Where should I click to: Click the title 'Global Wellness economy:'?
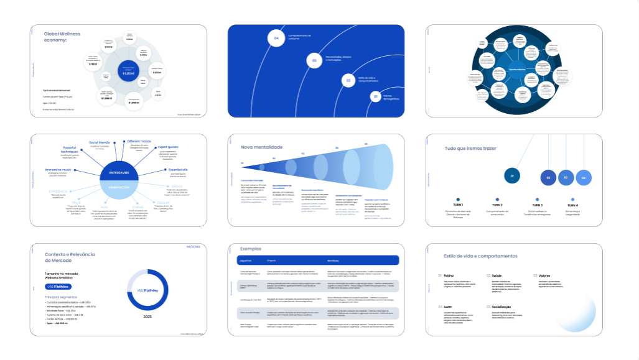point(62,37)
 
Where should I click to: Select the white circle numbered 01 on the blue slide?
point(375,96)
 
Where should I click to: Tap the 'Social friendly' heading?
point(100,142)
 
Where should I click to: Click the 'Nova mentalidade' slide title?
point(262,147)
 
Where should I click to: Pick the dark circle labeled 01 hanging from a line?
point(511,176)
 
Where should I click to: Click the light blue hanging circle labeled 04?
point(584,178)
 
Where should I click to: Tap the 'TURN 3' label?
point(537,205)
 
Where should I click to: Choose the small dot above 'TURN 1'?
point(458,200)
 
